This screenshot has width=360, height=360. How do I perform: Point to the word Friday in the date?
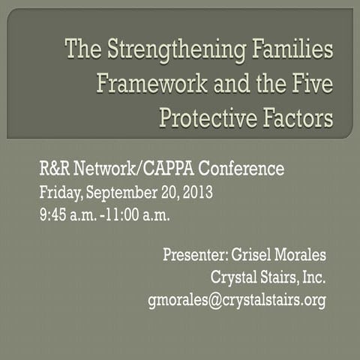click(61, 193)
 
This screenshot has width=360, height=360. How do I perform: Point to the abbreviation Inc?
click(311, 278)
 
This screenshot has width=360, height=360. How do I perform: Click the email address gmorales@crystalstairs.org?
click(236, 301)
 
